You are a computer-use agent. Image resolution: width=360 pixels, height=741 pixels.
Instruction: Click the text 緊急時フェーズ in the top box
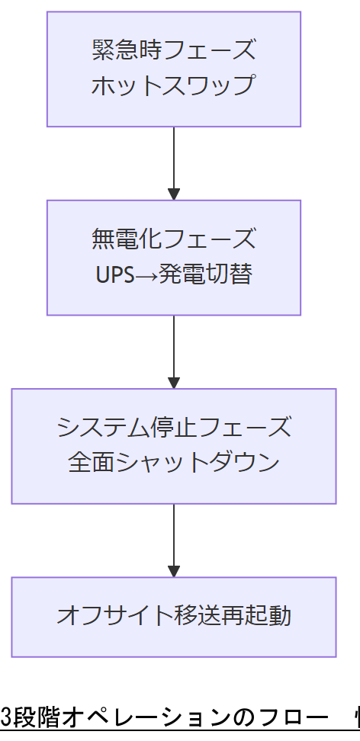[173, 50]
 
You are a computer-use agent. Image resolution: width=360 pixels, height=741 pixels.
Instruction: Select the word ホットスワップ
[173, 85]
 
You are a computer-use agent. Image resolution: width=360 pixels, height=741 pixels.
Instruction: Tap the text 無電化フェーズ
[173, 239]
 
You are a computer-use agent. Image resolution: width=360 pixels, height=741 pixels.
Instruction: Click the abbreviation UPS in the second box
[115, 275]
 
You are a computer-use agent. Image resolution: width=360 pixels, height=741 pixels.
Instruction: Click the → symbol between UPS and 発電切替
[148, 275]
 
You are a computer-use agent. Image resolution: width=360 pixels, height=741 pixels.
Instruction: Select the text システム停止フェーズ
[173, 428]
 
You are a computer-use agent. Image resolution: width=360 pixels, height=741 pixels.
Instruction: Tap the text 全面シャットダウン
[173, 464]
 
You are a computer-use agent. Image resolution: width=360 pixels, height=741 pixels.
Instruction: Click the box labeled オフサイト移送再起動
[173, 616]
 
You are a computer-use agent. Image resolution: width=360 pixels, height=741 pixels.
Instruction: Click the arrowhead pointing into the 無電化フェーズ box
[174, 194]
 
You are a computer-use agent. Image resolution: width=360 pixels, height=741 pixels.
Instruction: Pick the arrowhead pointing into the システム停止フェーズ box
[174, 382]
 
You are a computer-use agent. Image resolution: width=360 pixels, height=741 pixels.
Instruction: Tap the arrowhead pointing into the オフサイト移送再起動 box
[174, 570]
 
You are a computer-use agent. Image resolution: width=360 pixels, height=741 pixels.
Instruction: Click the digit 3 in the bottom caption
[6, 718]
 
